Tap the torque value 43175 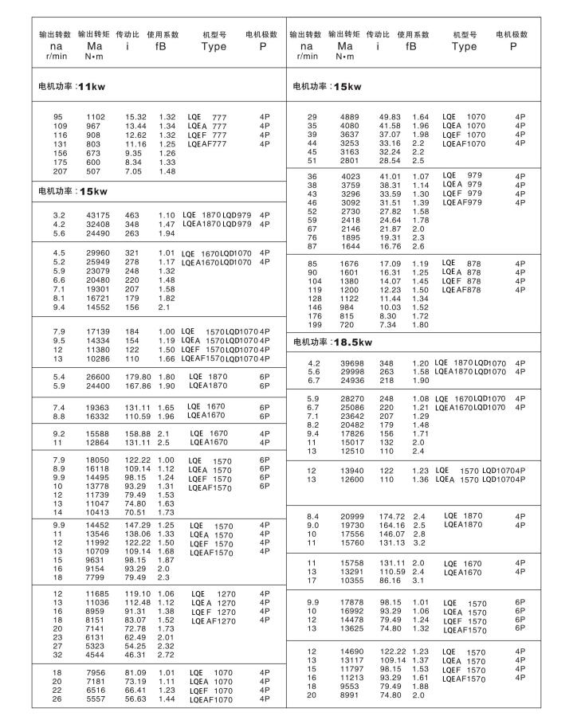click(96, 215)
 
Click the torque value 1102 click(96, 117)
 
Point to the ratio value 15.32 click(136, 117)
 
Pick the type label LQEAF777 click(207, 144)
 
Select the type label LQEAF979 click(464, 202)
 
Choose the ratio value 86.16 click(390, 581)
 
